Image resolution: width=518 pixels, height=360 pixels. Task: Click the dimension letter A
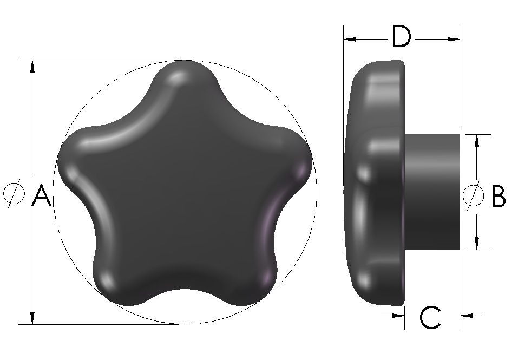[x=41, y=195]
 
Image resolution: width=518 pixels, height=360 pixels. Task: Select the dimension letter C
[x=430, y=318]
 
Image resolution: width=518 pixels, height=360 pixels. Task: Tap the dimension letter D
[x=401, y=38]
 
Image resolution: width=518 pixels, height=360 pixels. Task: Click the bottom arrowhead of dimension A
[x=32, y=318]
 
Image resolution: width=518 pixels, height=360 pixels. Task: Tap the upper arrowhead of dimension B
[x=476, y=140]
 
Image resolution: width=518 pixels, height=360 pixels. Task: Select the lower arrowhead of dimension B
[x=476, y=244]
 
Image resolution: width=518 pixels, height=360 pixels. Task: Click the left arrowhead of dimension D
[x=350, y=39]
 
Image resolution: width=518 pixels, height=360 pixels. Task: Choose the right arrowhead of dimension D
[x=454, y=39]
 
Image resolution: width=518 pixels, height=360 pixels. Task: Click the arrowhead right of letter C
[x=466, y=315]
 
